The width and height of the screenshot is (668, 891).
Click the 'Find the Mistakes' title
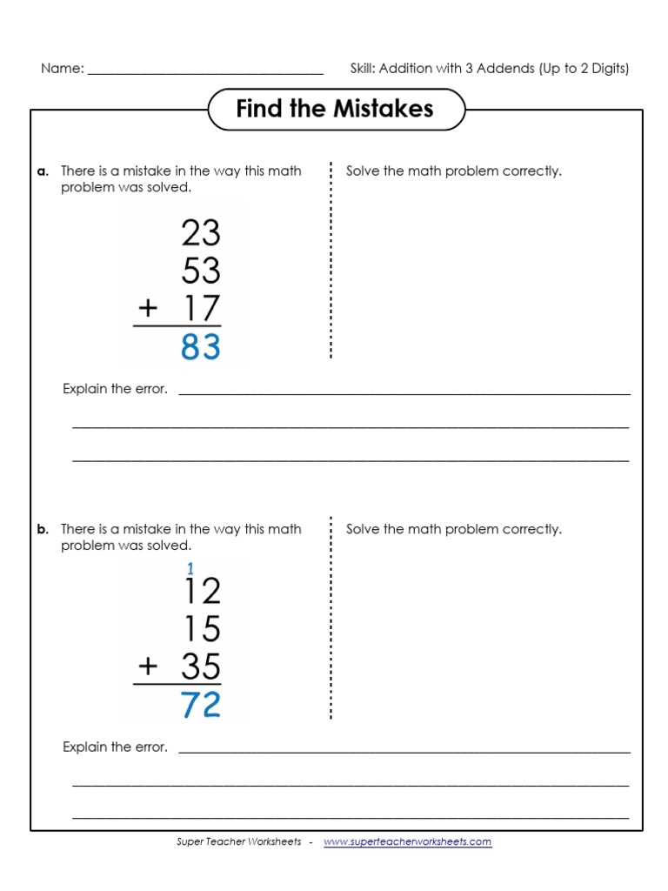pyautogui.click(x=335, y=109)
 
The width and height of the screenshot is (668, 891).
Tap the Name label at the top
pyautogui.click(x=62, y=69)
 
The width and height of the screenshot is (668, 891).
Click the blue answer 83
pyautogui.click(x=201, y=347)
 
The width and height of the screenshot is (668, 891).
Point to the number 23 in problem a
pyautogui.click(x=201, y=233)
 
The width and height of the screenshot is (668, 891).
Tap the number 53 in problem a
pyautogui.click(x=201, y=271)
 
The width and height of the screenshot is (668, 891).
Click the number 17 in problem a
pyautogui.click(x=201, y=309)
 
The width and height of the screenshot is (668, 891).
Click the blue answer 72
pyautogui.click(x=201, y=706)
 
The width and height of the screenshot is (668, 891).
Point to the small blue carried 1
pyautogui.click(x=190, y=569)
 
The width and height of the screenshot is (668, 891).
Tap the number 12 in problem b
pyautogui.click(x=201, y=592)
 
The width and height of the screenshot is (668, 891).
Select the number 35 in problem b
pyautogui.click(x=201, y=667)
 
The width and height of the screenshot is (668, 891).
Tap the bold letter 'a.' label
pyautogui.click(x=43, y=171)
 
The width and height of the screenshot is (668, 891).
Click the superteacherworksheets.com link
pyautogui.click(x=408, y=842)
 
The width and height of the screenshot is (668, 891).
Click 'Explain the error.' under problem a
pyautogui.click(x=115, y=389)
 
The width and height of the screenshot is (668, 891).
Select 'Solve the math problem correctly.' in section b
pyautogui.click(x=454, y=530)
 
